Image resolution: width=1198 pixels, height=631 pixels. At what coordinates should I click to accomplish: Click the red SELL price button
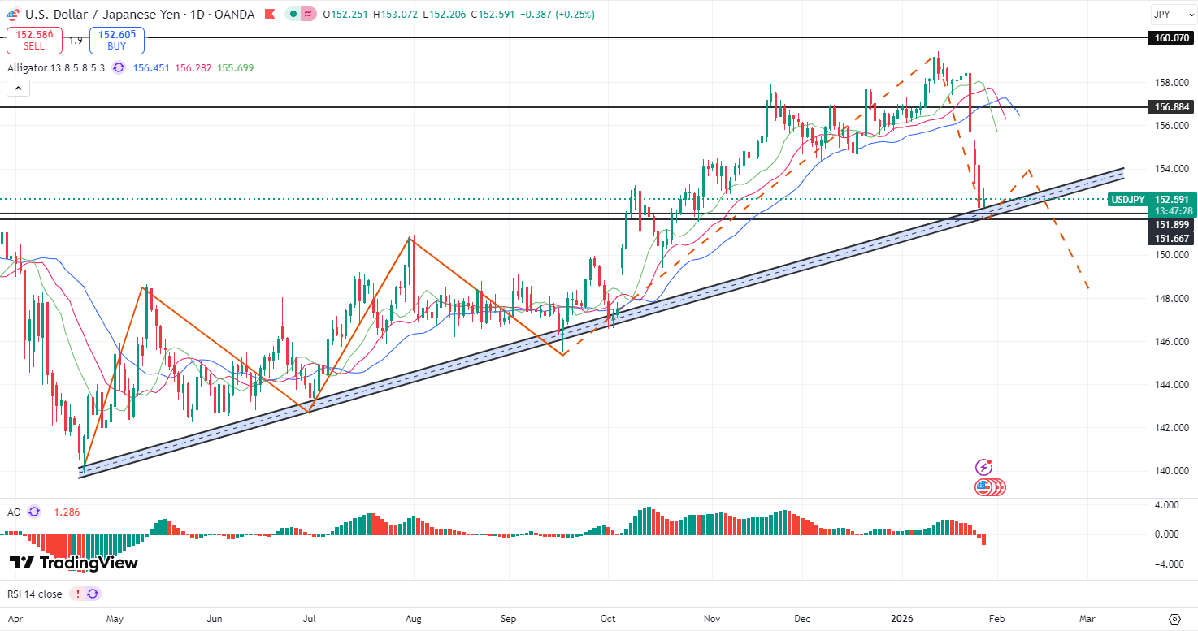click(x=34, y=41)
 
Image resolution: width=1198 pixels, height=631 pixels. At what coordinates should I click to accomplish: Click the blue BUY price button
click(x=117, y=41)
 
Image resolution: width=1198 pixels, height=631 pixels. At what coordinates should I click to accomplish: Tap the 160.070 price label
click(x=1171, y=37)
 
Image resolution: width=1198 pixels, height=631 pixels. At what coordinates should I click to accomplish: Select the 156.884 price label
click(x=1171, y=106)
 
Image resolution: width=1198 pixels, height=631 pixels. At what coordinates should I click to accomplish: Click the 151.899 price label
click(x=1171, y=224)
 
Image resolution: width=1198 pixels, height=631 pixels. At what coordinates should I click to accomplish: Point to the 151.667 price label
click(x=1171, y=238)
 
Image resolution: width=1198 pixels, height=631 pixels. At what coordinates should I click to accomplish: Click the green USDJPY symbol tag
click(x=1127, y=199)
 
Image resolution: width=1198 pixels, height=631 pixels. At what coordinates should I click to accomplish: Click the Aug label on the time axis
click(x=413, y=618)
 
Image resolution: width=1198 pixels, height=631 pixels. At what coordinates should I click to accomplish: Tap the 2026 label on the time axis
click(x=902, y=618)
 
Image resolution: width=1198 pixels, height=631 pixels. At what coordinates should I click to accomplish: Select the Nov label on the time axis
click(x=712, y=618)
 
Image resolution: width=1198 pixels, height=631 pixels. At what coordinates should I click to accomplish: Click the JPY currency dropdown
click(x=1171, y=15)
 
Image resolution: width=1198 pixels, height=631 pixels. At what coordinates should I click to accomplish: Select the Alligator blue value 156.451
click(x=153, y=68)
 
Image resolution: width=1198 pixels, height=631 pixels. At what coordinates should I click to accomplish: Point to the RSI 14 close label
click(x=34, y=594)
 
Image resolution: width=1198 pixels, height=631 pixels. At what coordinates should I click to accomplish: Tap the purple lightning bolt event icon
click(x=983, y=467)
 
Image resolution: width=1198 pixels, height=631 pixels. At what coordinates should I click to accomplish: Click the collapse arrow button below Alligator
click(x=19, y=89)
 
